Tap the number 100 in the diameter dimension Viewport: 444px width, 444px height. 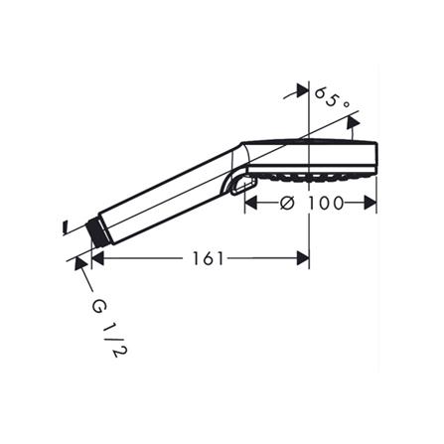(326, 203)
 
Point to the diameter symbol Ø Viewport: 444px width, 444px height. (287, 203)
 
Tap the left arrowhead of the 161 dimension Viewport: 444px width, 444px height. (97, 258)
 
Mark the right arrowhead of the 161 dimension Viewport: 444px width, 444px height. (303, 258)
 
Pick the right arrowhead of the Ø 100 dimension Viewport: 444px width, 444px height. (370, 203)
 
